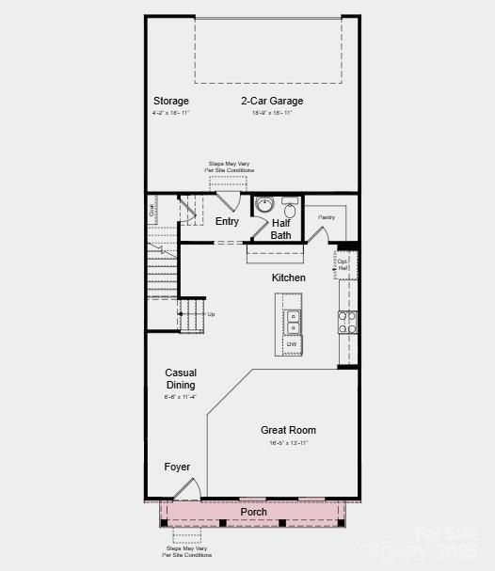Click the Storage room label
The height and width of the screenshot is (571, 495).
point(171,101)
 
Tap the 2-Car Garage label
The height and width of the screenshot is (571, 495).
point(272,101)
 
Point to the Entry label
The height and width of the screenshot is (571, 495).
point(227,222)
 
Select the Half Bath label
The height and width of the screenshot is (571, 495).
point(280,229)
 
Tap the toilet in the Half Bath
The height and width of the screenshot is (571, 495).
point(289,207)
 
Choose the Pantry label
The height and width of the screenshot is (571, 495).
point(326,217)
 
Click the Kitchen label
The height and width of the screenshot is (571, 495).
point(289,278)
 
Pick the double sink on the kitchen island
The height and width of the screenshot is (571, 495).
point(293,322)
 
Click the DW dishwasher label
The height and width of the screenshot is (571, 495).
point(293,344)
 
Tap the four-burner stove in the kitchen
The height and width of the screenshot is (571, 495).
point(347,323)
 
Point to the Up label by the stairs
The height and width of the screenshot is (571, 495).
point(211,314)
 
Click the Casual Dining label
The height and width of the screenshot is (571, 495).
point(181,379)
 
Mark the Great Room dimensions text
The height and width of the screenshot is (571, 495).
point(288,442)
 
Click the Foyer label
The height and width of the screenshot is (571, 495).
point(177,467)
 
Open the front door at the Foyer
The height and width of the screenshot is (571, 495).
point(189,489)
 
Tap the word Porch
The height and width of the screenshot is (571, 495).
point(253,512)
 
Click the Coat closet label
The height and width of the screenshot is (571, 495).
point(152,212)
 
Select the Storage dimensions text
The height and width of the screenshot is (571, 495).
point(171,113)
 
